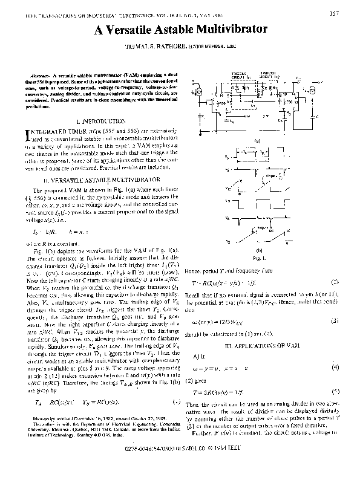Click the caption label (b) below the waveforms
[x=260, y=250]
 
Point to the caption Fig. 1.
[x=258, y=258]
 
